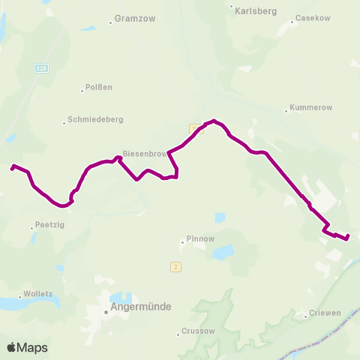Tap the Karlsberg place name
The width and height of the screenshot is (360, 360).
point(256,11)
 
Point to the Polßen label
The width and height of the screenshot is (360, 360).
point(99,87)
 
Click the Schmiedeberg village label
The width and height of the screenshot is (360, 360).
point(95,118)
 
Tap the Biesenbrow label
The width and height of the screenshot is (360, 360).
point(145,154)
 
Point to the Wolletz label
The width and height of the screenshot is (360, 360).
point(38,294)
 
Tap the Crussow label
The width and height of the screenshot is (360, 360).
point(199,331)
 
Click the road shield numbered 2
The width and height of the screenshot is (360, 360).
point(175,266)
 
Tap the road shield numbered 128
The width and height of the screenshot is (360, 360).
point(41,68)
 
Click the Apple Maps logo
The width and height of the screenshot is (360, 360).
point(27,347)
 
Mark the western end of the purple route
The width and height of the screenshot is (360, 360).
point(12,168)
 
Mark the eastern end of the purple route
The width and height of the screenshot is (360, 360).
point(348,238)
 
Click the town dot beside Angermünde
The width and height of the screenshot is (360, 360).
point(106,313)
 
